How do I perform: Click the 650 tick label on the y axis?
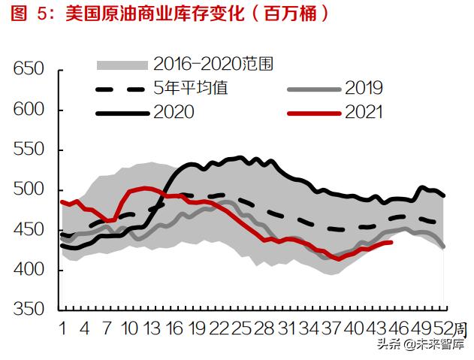[29, 68]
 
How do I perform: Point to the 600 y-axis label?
[29, 109]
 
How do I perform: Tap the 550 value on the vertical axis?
[29, 149]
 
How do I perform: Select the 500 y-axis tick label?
[29, 189]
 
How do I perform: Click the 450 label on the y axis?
[29, 230]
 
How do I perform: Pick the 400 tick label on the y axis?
[29, 269]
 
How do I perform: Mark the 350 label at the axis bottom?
[29, 309]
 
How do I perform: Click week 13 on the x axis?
[152, 328]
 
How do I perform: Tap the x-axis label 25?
[241, 328]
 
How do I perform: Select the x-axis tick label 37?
[331, 328]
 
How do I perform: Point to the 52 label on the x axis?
[443, 328]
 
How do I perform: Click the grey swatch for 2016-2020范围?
[122, 65]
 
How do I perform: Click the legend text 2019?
[364, 88]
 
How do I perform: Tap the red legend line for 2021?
[314, 113]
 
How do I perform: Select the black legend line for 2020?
[122, 113]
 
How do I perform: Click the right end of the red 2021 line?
[391, 242]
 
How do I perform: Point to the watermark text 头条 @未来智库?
[420, 345]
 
